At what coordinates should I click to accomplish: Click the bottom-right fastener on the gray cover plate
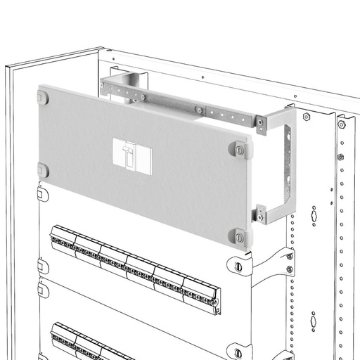pyautogui.click(x=240, y=234)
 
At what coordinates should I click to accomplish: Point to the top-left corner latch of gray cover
pyautogui.click(x=44, y=97)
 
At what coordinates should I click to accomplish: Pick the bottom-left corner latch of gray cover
pyautogui.click(x=43, y=169)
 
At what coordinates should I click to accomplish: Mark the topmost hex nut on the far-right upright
pyautogui.click(x=341, y=125)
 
